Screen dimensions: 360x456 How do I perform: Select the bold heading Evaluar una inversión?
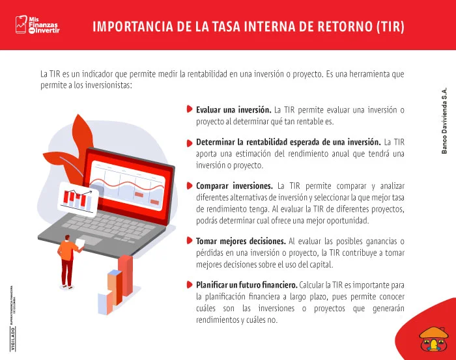point(233,109)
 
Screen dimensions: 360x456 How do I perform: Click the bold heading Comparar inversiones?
point(234,185)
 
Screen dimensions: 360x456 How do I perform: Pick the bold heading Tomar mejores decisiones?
point(241,241)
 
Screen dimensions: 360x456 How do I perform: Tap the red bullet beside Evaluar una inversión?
point(189,109)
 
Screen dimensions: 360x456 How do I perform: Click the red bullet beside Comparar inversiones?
point(189,185)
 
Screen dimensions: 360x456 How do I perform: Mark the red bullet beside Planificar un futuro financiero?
point(189,285)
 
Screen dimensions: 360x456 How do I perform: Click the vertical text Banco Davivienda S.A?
point(444,121)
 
